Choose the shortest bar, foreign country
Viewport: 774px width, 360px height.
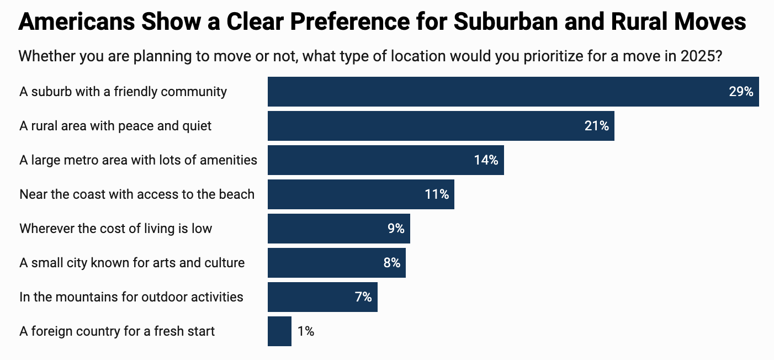[279, 331]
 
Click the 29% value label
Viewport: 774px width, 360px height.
[741, 92]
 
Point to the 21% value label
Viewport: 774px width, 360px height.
[596, 126]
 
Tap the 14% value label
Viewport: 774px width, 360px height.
[486, 160]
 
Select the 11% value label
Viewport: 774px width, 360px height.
[437, 194]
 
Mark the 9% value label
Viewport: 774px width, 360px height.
[396, 229]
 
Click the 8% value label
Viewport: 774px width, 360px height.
[391, 263]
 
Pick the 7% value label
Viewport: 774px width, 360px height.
[363, 297]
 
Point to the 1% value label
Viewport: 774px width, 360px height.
[306, 331]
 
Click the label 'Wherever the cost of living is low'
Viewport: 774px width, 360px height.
[115, 229]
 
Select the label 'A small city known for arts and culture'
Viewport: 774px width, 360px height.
[132, 263]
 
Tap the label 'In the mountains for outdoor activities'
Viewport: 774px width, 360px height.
[131, 297]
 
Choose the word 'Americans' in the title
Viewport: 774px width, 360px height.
[77, 22]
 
